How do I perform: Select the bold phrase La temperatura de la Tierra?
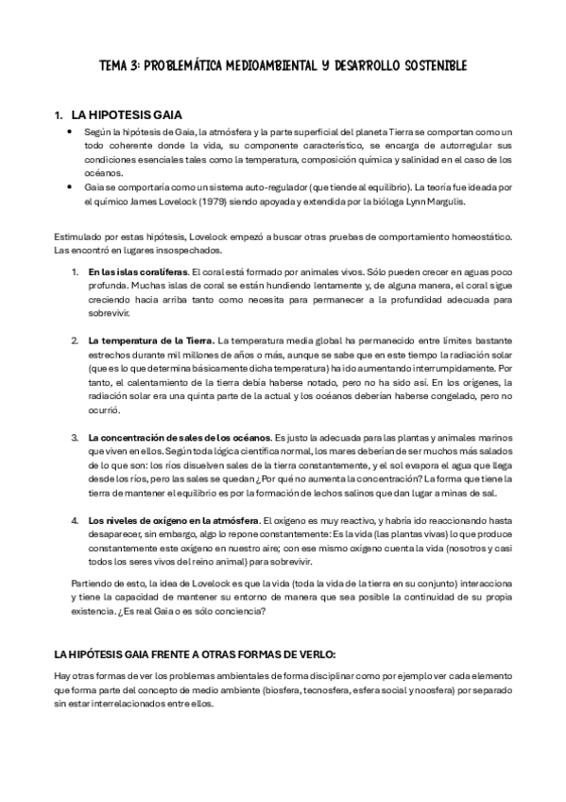click(151, 340)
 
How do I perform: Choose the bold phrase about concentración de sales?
click(180, 438)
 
